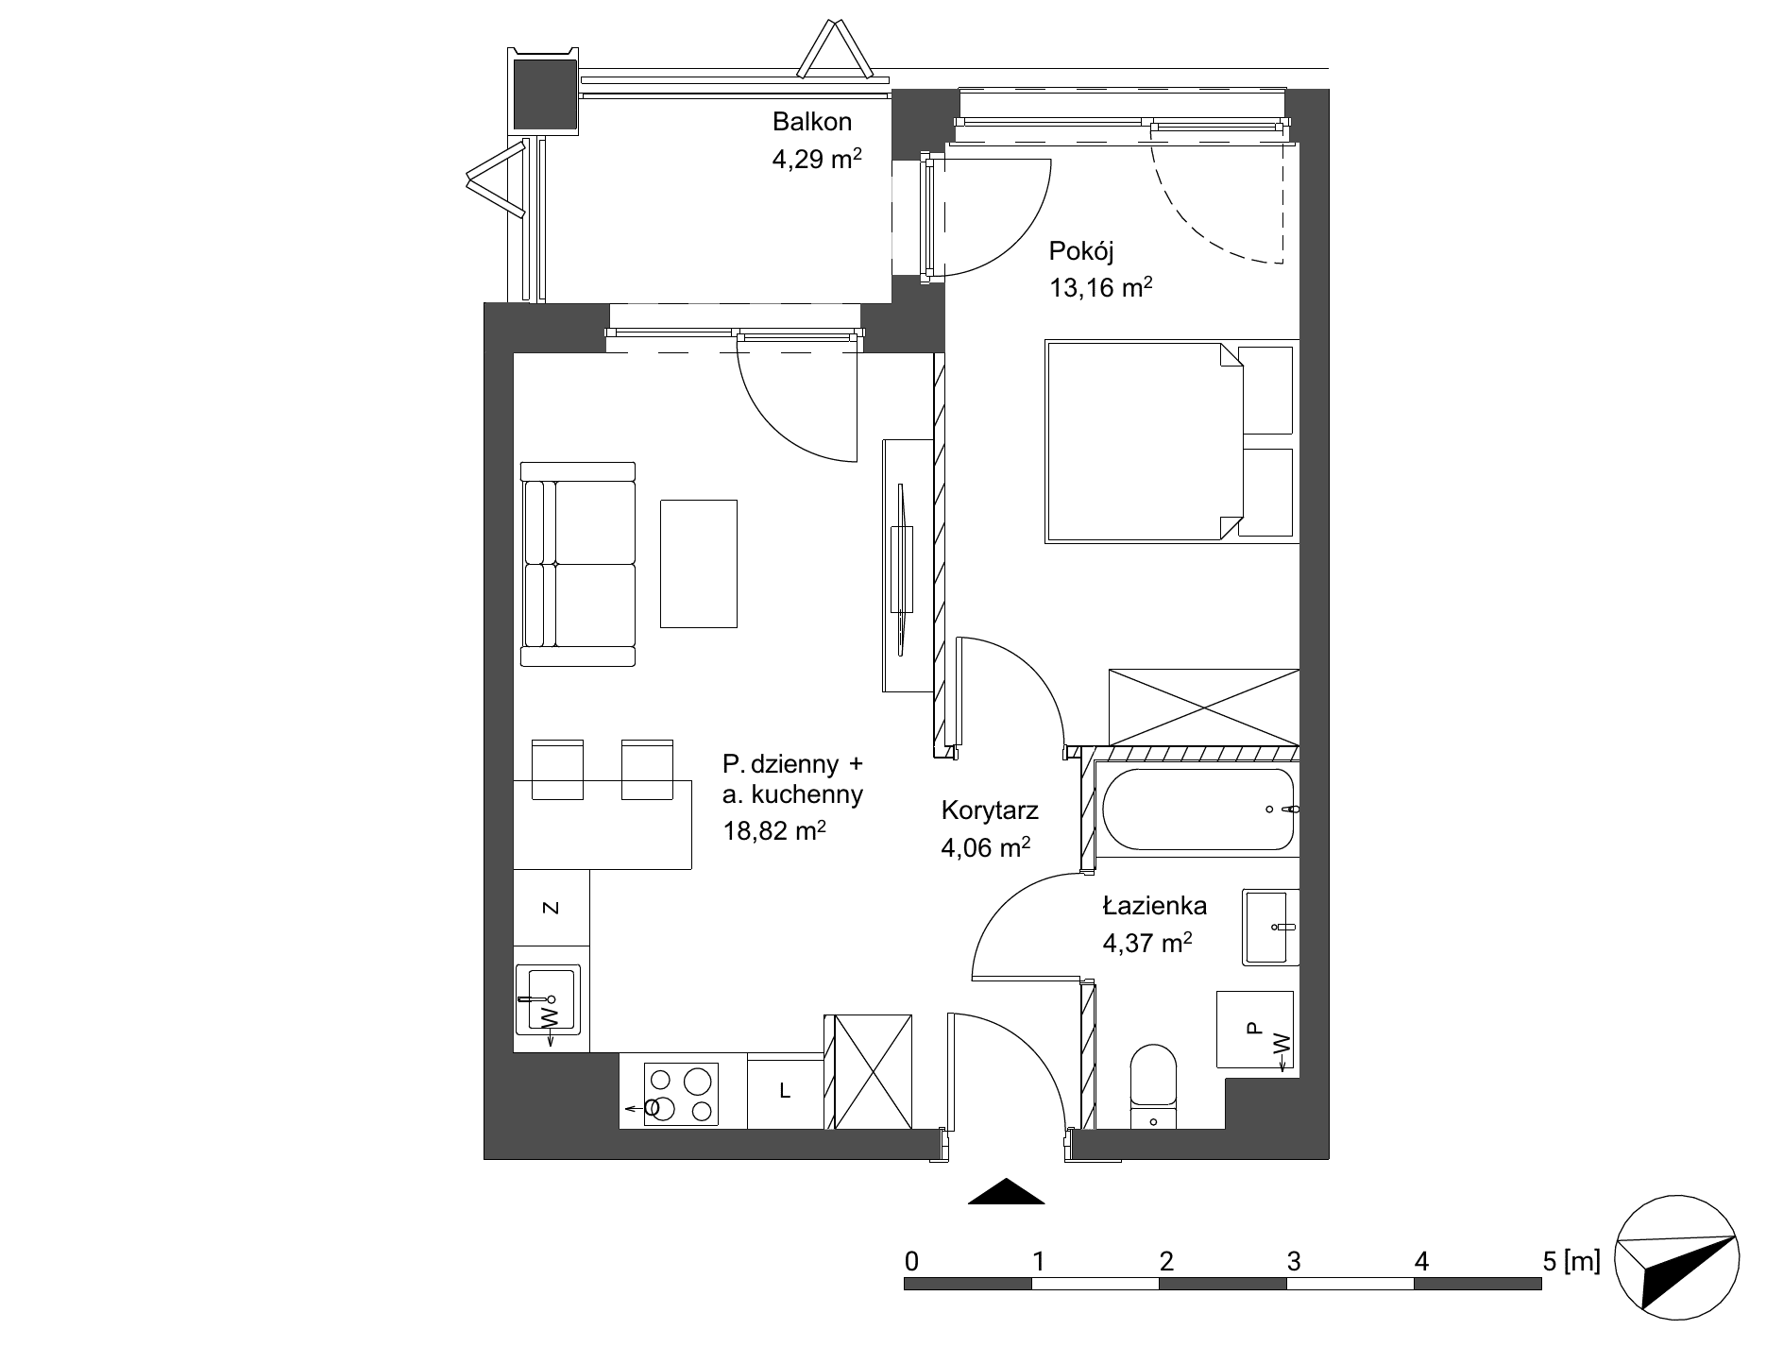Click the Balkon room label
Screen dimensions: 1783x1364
pyautogui.click(x=812, y=122)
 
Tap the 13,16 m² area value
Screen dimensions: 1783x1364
pyautogui.click(x=1100, y=287)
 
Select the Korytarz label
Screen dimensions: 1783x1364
pyautogui.click(x=990, y=810)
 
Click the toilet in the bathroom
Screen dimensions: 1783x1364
pyautogui.click(x=1154, y=1086)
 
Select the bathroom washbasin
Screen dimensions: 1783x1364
pyautogui.click(x=1271, y=927)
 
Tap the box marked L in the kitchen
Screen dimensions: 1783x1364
pyautogui.click(x=786, y=1091)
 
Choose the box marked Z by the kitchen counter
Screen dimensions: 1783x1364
pyautogui.click(x=552, y=908)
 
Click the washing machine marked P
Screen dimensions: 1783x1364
pyautogui.click(x=1254, y=1030)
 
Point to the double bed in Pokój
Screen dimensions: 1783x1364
pyautogui.click(x=1169, y=442)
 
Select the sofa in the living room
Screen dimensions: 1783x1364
pyautogui.click(x=578, y=564)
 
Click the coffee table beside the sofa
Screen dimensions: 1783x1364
pyautogui.click(x=699, y=564)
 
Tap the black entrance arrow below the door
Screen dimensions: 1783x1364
pyautogui.click(x=1007, y=1191)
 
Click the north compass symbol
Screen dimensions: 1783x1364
pyautogui.click(x=1676, y=1259)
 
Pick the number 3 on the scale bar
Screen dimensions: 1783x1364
pyautogui.click(x=1294, y=1260)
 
